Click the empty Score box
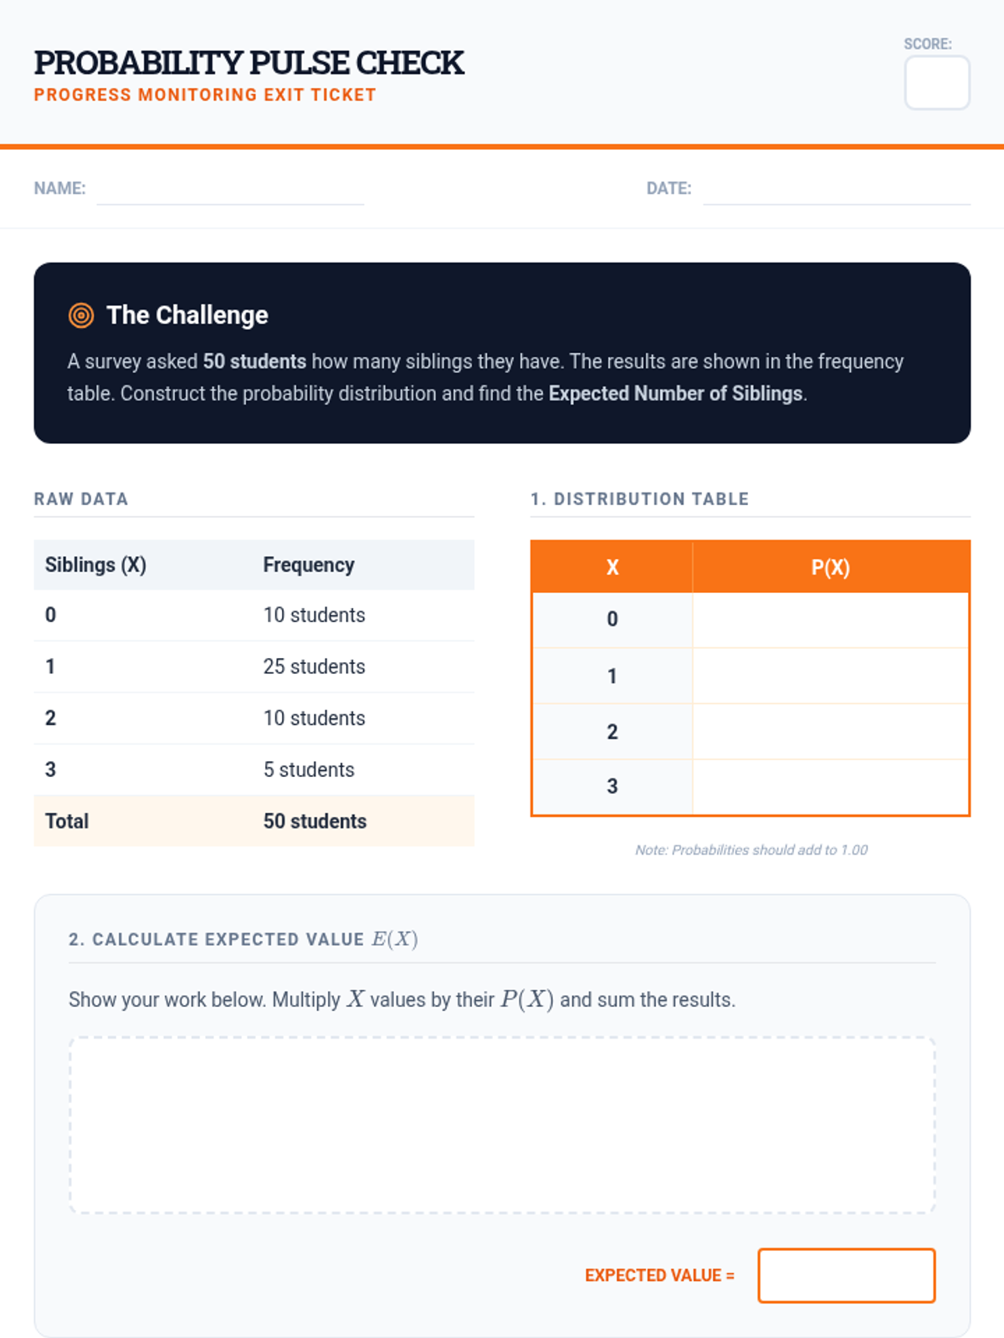pyautogui.click(x=936, y=83)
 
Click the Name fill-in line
pyautogui.click(x=230, y=204)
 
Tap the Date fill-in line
pyautogui.click(x=837, y=204)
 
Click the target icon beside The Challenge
pyautogui.click(x=81, y=315)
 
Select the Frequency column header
pyautogui.click(x=309, y=564)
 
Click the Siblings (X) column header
pyautogui.click(x=95, y=564)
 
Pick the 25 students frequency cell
pyautogui.click(x=314, y=666)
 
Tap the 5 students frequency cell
pyautogui.click(x=309, y=769)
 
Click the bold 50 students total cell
pyautogui.click(x=315, y=821)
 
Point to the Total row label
pyautogui.click(x=67, y=821)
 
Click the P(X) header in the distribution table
pyautogui.click(x=830, y=568)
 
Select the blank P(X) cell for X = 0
pyautogui.click(x=830, y=620)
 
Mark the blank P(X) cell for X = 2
pyautogui.click(x=830, y=732)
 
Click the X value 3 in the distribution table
pyautogui.click(x=612, y=786)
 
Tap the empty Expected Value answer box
pyautogui.click(x=846, y=1275)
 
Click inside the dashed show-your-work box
pyautogui.click(x=502, y=1125)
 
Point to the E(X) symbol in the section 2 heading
pyautogui.click(x=395, y=939)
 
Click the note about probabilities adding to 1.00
pyautogui.click(x=751, y=850)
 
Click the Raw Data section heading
pyautogui.click(x=81, y=499)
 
